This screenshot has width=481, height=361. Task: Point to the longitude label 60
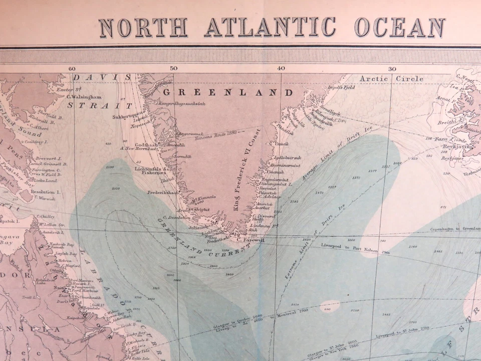point(72,69)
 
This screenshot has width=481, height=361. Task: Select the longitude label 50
point(173,69)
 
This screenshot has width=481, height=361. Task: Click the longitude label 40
point(281,69)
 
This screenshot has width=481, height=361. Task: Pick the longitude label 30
point(392,69)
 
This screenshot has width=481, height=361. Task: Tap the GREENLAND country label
point(227,93)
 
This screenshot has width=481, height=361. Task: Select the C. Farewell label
point(250,240)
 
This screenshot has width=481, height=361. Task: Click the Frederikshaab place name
point(163,193)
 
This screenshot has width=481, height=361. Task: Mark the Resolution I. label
point(46,192)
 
